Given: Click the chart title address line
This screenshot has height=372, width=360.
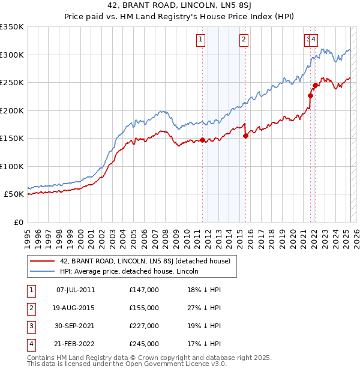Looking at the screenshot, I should (180, 7).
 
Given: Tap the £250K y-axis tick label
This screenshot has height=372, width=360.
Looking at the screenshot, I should (12, 83).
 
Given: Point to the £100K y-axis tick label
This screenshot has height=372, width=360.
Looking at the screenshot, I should (12, 166).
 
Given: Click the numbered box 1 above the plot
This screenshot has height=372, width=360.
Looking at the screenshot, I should (200, 40).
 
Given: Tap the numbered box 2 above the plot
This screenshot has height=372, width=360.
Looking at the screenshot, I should (244, 40).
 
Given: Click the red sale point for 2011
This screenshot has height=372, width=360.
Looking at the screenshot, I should (202, 140).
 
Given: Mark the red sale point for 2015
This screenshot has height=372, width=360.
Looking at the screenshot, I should (246, 136).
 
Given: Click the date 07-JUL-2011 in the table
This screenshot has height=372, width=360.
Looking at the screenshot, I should (76, 290).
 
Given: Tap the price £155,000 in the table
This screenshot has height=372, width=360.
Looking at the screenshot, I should (144, 308).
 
